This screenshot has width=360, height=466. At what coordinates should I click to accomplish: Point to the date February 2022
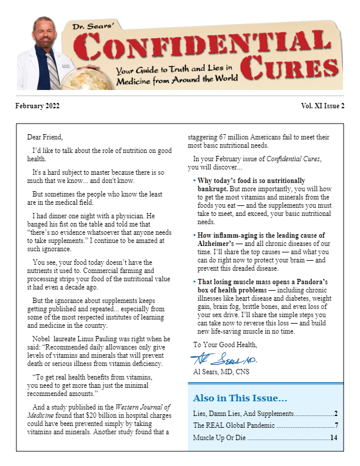[38, 106]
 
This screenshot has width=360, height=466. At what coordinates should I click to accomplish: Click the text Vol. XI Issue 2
[322, 106]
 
